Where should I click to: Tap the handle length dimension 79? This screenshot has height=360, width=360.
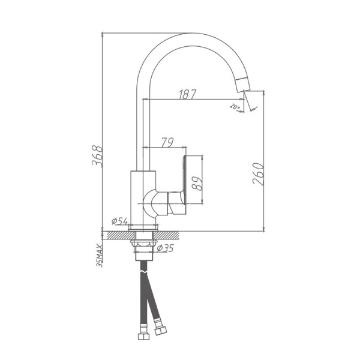pyautogui.click(x=167, y=142)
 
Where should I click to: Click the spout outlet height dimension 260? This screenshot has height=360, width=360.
pyautogui.click(x=258, y=174)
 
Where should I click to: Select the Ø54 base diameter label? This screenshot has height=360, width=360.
pyautogui.click(x=119, y=221)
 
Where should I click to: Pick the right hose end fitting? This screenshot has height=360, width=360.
pyautogui.click(x=160, y=329)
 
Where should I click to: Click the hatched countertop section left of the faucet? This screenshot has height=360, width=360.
pyautogui.click(x=117, y=234)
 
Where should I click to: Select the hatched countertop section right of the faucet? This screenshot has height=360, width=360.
pyautogui.click(x=180, y=234)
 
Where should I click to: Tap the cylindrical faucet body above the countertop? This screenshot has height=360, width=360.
pyautogui.click(x=143, y=198)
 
